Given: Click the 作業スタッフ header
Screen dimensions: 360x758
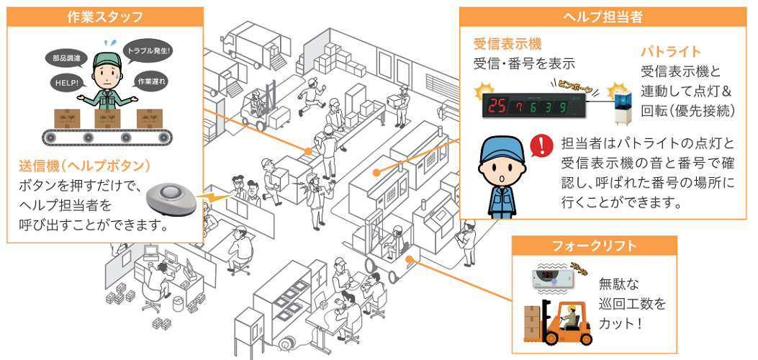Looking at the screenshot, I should [104, 17].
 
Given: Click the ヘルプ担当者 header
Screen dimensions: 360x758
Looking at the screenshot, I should [603, 17].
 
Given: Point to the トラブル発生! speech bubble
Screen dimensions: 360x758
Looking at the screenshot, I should [149, 52].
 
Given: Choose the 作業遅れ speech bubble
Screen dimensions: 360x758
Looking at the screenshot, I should [152, 81].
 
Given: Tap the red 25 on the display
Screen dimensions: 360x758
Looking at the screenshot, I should [497, 107].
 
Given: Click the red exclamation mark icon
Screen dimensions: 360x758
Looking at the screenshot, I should [538, 146].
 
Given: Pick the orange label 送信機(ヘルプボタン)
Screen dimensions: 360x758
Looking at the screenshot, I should [85, 166].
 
